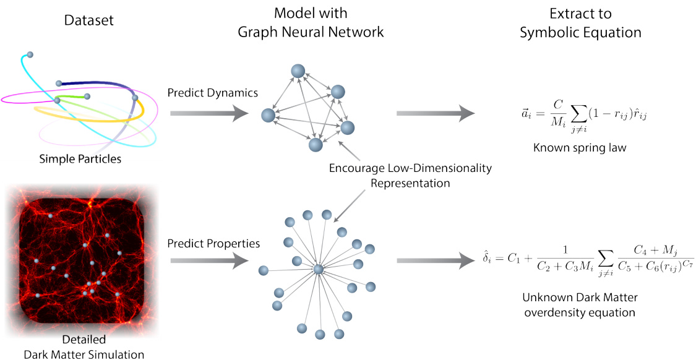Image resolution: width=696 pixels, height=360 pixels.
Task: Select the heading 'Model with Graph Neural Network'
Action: [x=311, y=23]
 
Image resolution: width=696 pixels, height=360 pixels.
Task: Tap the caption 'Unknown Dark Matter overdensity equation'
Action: [x=579, y=306]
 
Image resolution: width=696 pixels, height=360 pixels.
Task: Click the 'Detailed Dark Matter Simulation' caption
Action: [x=84, y=346]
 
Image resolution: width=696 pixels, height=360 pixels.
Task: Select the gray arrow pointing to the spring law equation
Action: [x=436, y=113]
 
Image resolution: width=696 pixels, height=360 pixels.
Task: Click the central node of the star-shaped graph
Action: [x=318, y=269]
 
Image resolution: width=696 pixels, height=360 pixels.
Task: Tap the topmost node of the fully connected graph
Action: [x=297, y=71]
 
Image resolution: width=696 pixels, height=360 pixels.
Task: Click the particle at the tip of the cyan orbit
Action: [x=30, y=54]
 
